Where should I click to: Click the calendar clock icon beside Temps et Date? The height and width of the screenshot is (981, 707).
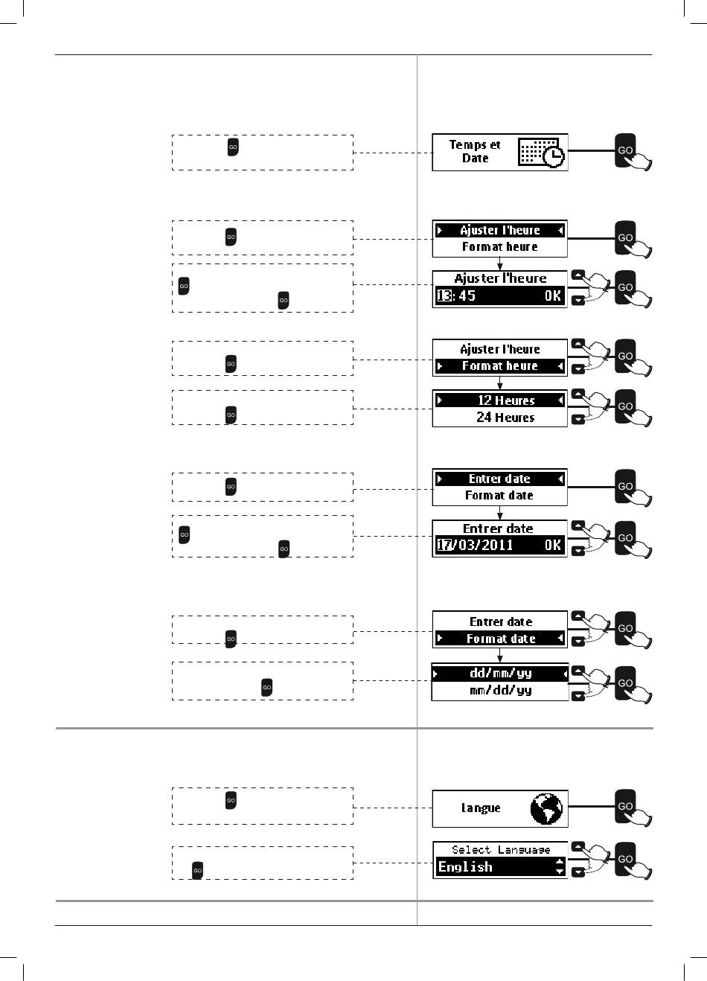click(x=541, y=153)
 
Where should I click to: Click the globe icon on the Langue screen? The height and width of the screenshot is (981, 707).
click(x=547, y=808)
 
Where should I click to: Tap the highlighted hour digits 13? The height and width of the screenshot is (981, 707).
click(x=444, y=296)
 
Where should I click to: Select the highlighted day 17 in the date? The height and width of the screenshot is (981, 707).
click(x=444, y=545)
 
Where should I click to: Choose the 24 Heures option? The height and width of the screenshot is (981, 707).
click(x=505, y=418)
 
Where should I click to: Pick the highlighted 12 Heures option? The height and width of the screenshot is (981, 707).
click(x=505, y=400)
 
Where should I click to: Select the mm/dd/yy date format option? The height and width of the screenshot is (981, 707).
click(x=500, y=691)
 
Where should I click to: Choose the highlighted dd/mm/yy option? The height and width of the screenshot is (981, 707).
click(x=500, y=673)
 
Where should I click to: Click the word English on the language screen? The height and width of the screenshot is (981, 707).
click(x=465, y=867)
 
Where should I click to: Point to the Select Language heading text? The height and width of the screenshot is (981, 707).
click(x=501, y=850)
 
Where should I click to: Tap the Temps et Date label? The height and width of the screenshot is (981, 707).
click(x=475, y=152)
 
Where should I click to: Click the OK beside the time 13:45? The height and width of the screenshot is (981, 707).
click(x=552, y=296)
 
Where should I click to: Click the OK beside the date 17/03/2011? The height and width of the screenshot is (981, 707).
click(x=552, y=545)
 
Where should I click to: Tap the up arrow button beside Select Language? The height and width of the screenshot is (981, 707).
click(x=578, y=847)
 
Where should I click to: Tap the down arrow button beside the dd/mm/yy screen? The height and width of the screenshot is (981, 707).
click(x=578, y=696)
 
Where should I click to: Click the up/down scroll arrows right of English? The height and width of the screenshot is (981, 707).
click(x=560, y=867)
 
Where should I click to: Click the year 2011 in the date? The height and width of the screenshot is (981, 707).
click(x=496, y=545)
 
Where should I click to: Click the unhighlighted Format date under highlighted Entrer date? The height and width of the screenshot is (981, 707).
click(x=499, y=496)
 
